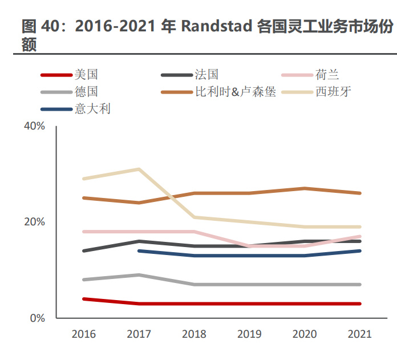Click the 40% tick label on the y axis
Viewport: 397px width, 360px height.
35,126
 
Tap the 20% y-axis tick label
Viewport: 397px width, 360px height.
35,222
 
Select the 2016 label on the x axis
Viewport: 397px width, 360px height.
84,334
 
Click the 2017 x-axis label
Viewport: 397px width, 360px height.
139,334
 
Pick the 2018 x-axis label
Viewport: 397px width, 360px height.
194,334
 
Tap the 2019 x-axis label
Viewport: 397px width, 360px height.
249,334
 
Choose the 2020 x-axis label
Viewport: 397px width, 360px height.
304,334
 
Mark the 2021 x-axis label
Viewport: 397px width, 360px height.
359,334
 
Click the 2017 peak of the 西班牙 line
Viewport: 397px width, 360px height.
139,169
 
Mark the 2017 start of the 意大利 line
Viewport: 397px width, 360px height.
139,251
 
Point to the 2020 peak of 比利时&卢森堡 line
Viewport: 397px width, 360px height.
304,188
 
